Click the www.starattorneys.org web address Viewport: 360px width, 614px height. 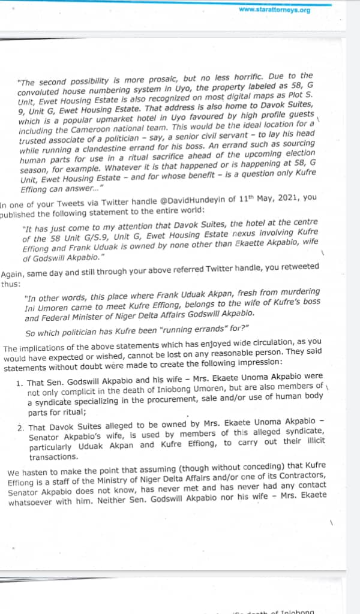(274, 10)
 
